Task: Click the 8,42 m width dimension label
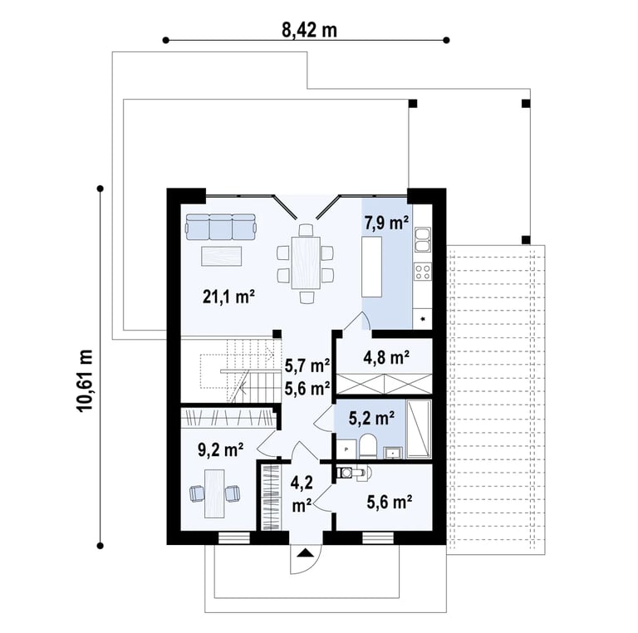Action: click(x=310, y=31)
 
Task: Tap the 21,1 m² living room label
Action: click(x=228, y=297)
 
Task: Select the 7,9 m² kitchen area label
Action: click(x=386, y=223)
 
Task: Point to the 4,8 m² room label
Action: click(x=386, y=357)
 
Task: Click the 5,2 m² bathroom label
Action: click(x=371, y=418)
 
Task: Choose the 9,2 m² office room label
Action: click(x=220, y=450)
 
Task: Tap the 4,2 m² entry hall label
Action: click(x=302, y=494)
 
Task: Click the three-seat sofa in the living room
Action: click(x=221, y=228)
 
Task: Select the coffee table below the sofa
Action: click(x=221, y=257)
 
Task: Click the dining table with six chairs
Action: click(x=305, y=263)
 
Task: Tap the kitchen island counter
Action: click(x=372, y=267)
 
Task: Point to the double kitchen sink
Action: click(x=423, y=239)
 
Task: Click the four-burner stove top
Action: click(x=423, y=272)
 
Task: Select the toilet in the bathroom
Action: click(x=368, y=446)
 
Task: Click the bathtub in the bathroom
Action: click(x=419, y=429)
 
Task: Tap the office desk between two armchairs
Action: click(x=214, y=493)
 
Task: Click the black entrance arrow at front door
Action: click(x=305, y=553)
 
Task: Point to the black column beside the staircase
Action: click(x=277, y=334)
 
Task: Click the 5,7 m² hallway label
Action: click(x=307, y=366)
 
